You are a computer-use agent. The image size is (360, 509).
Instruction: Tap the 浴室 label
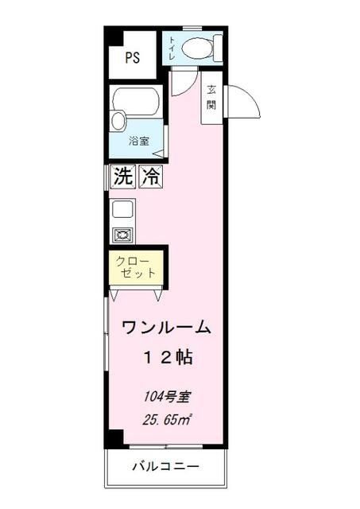coord(139,141)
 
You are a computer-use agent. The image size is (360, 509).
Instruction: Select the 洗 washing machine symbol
coord(122,177)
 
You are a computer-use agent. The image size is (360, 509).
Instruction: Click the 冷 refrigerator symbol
coord(149,177)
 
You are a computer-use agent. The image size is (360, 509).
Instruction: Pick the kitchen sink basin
coord(123,210)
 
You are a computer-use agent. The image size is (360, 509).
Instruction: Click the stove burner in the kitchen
coord(122,235)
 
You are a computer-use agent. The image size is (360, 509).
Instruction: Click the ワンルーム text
coord(166,327)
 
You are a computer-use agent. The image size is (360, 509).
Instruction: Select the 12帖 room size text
coord(167,357)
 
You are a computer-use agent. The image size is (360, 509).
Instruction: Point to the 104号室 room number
coord(166,395)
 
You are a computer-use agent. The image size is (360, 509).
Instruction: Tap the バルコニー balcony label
coord(165,466)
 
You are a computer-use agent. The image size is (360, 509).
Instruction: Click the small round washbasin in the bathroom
coord(118,121)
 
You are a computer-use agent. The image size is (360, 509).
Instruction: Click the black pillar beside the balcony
coord(115,438)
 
